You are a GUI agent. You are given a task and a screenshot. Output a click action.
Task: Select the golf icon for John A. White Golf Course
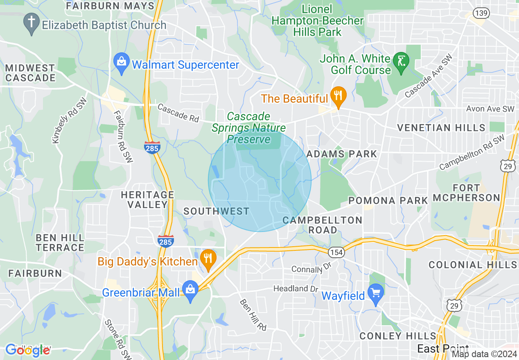point(399,61)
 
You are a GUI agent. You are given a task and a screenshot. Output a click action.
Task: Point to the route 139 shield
point(481,13)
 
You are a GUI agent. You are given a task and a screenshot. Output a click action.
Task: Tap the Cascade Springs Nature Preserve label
point(248,128)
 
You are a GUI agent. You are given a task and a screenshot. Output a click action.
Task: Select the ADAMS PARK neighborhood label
point(341,154)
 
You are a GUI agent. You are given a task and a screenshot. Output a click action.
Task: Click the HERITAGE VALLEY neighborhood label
point(147,200)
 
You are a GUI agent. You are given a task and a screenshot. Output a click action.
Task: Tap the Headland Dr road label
point(296,289)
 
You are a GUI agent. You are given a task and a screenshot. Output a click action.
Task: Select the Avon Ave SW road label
point(490,109)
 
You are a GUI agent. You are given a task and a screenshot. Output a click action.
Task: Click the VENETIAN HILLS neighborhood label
point(441,128)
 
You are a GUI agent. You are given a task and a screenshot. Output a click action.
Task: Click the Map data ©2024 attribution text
point(484,354)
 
